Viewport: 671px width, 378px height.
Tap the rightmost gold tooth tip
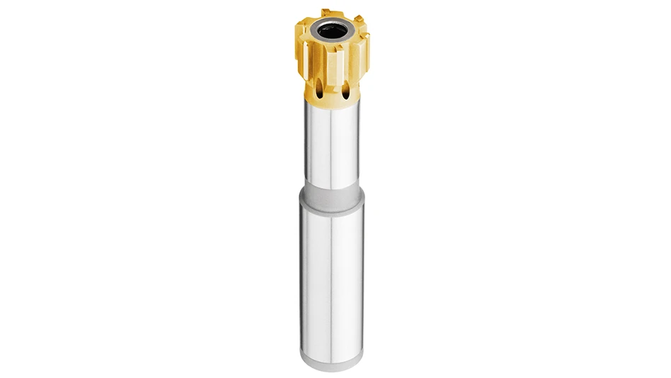coord(366,43)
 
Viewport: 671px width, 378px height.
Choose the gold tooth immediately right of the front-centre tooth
coord(354,60)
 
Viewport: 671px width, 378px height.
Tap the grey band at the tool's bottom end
coord(332,360)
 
